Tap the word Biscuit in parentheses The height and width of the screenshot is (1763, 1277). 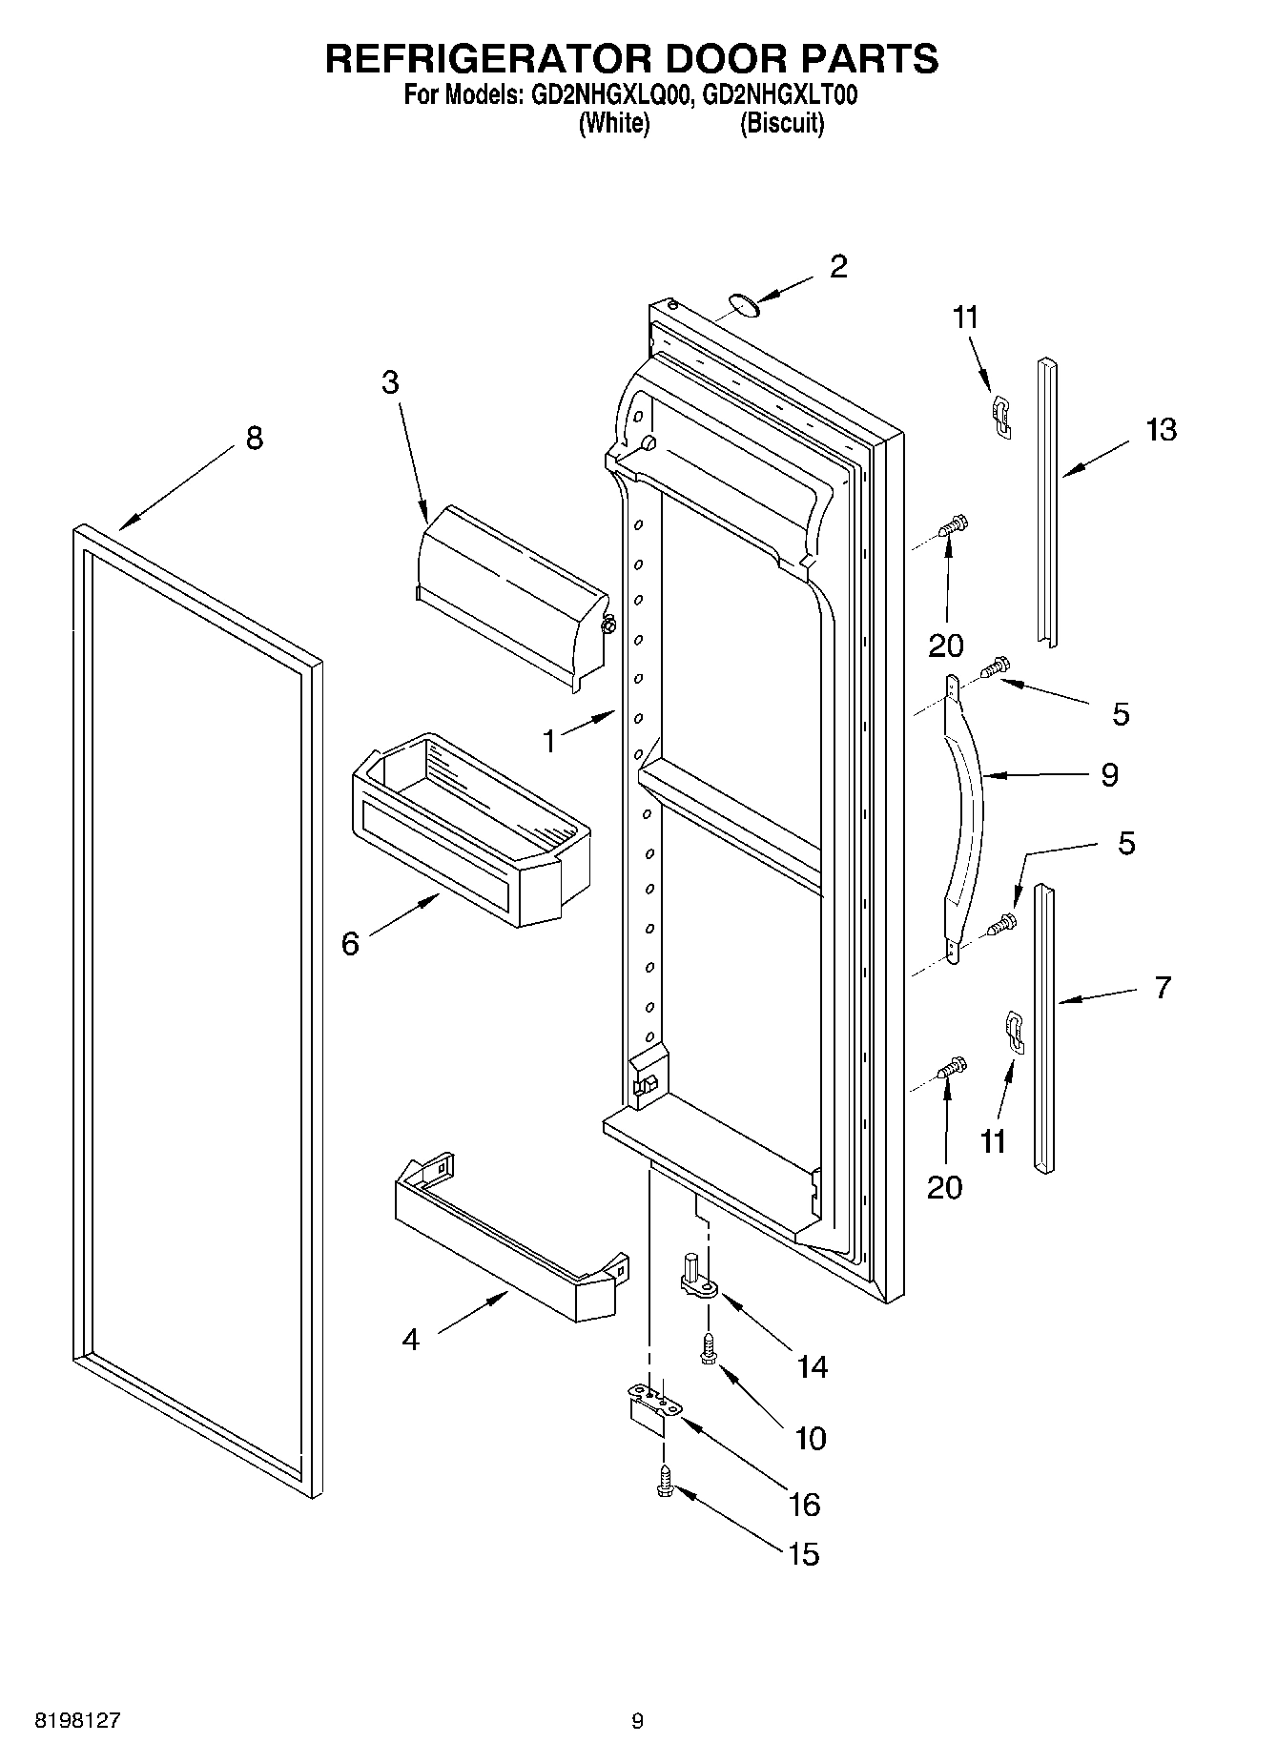tap(782, 123)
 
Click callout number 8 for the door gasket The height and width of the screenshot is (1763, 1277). tap(254, 439)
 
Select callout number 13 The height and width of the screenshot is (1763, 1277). tap(1162, 430)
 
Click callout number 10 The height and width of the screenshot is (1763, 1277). tap(811, 1438)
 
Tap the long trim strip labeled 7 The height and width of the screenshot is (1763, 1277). tap(1044, 1025)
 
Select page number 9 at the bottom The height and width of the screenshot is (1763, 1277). tap(637, 1721)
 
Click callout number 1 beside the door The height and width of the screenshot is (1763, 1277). tap(549, 741)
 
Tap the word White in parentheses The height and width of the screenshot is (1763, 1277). tap(614, 123)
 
